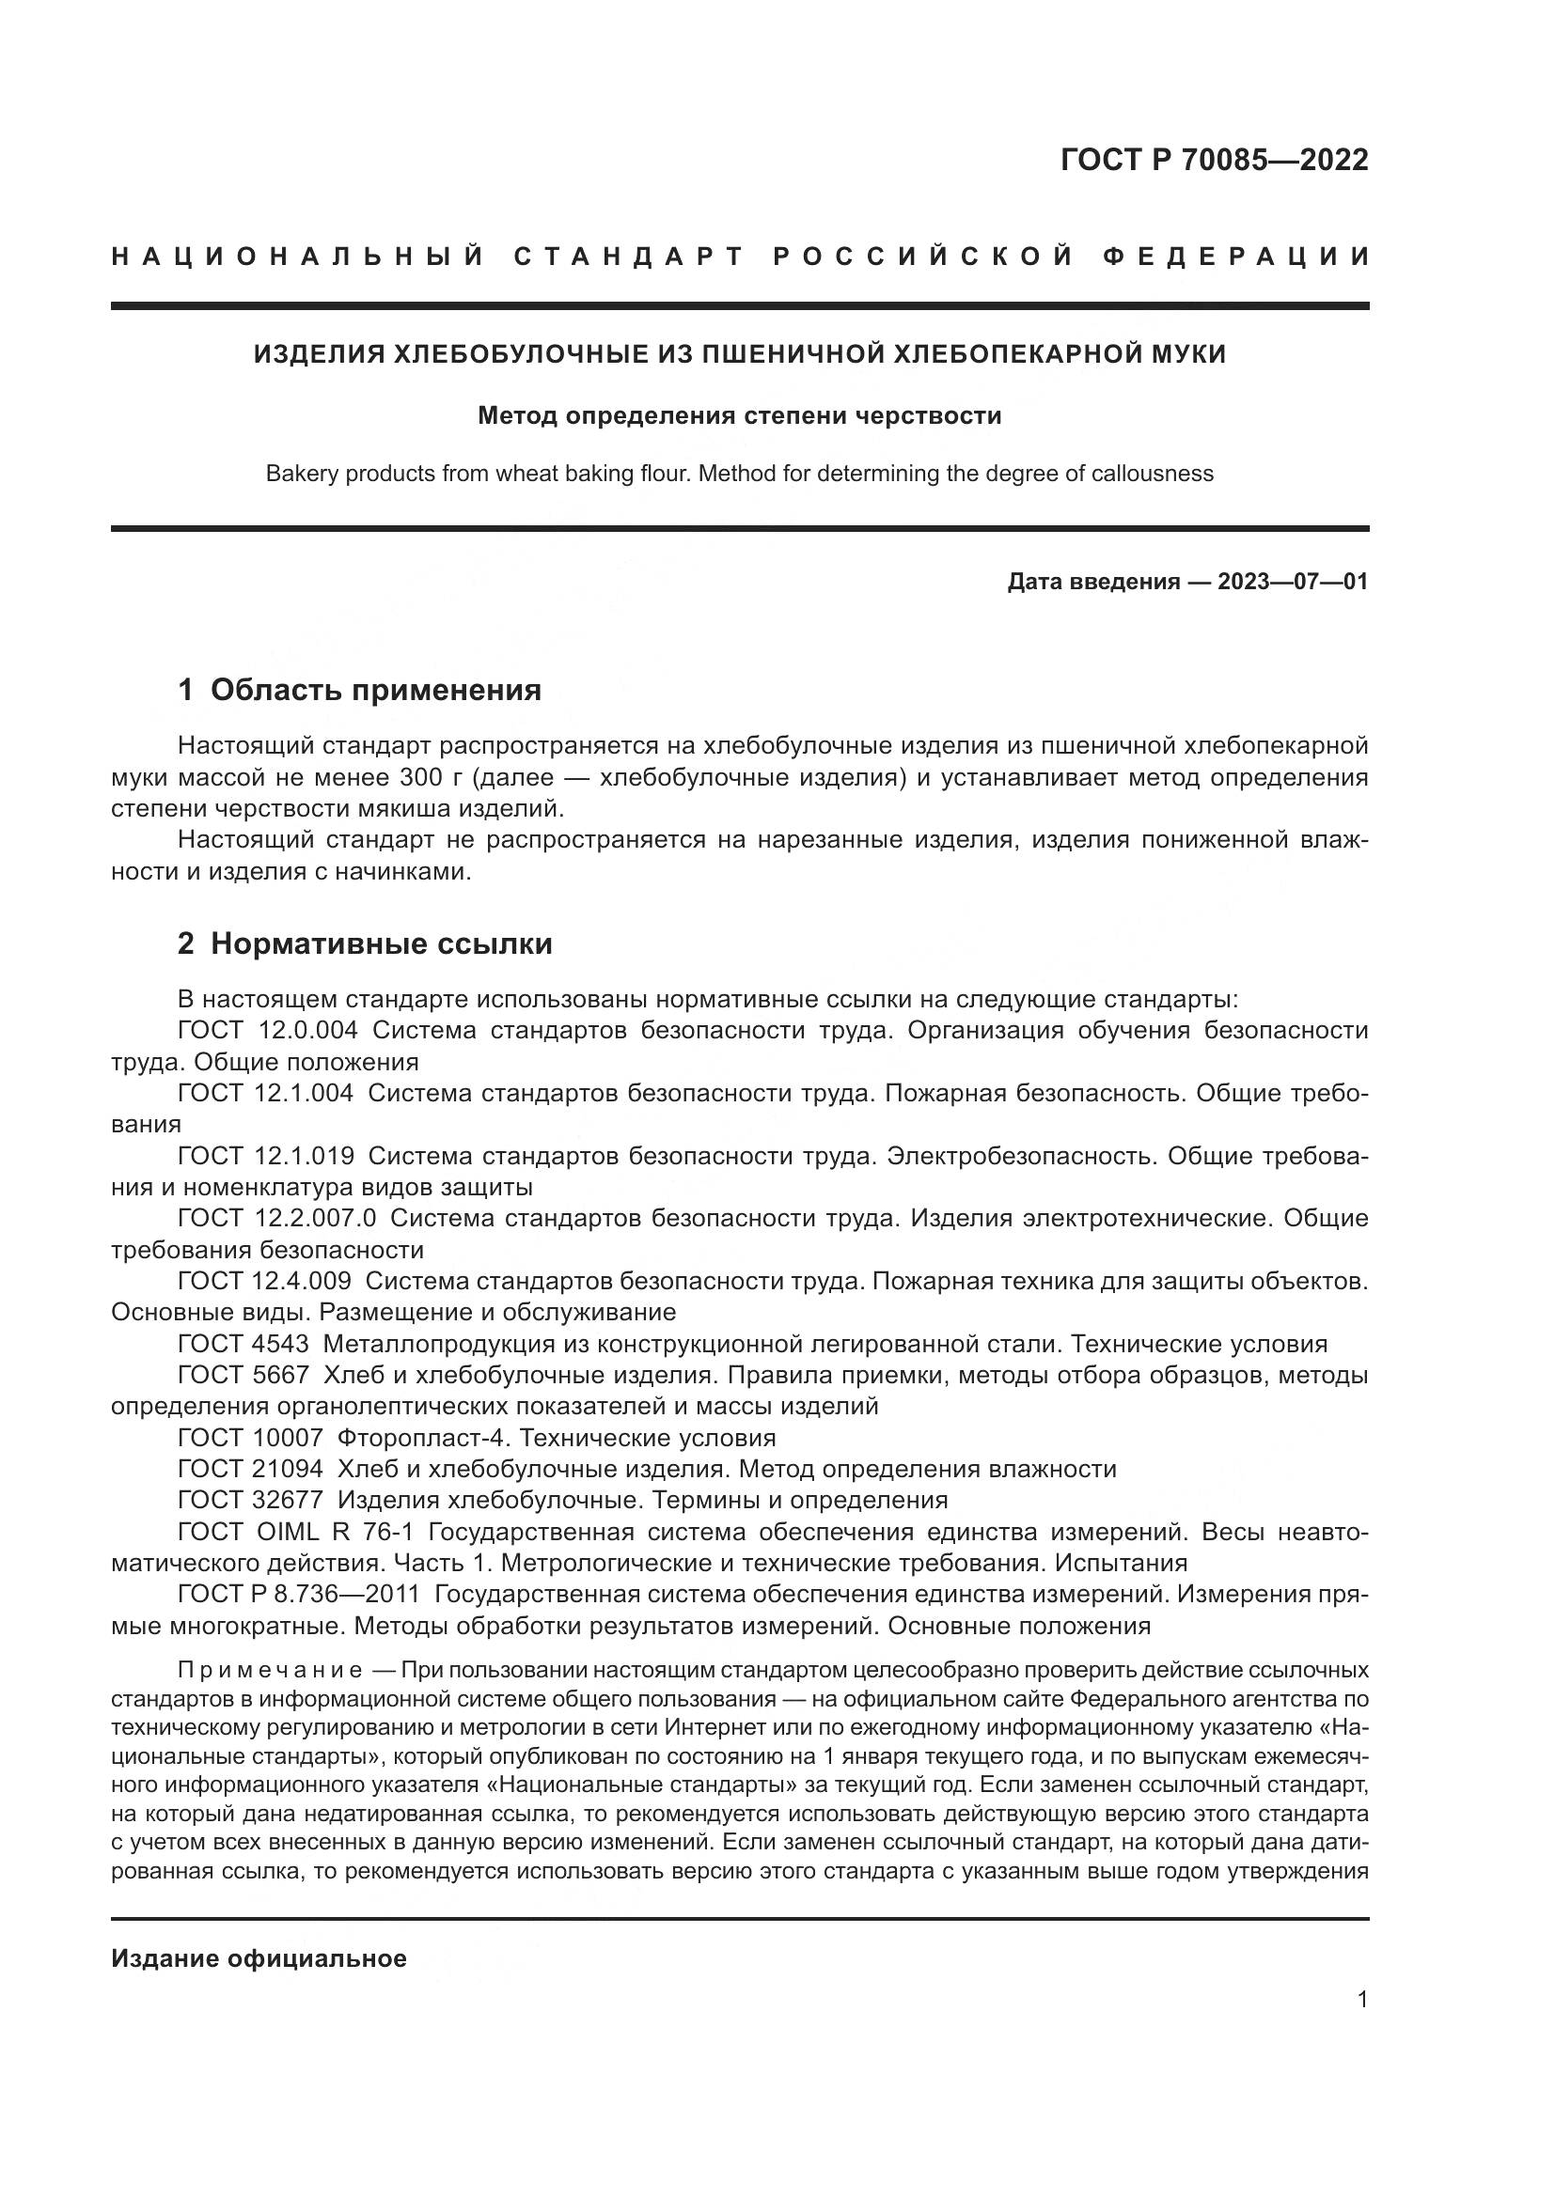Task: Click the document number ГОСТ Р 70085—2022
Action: coord(1214,160)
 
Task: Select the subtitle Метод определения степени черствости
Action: coord(739,416)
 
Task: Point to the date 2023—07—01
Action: coord(1292,581)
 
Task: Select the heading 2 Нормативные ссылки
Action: coord(365,943)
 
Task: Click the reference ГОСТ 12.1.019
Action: coord(265,1156)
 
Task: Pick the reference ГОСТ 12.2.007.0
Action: coord(276,1218)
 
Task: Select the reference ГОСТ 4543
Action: coord(243,1344)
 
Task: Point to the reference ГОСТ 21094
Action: coord(250,1469)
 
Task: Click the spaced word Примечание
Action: coord(270,1671)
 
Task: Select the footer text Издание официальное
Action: coord(259,1958)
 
